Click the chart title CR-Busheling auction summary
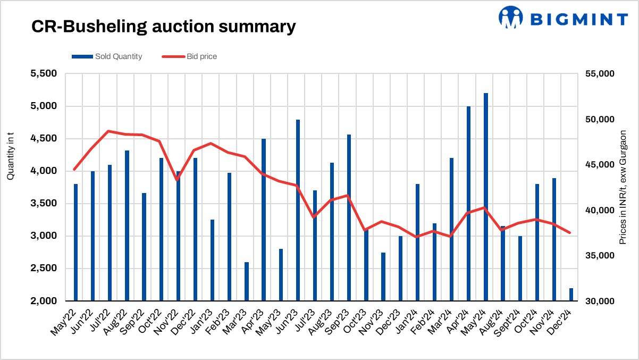click(163, 26)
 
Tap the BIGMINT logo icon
click(511, 18)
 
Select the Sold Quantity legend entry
click(106, 56)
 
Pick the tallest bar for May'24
click(486, 197)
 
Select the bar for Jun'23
click(298, 210)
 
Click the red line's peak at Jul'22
click(108, 131)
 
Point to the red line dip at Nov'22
click(177, 180)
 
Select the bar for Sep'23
click(349, 217)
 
